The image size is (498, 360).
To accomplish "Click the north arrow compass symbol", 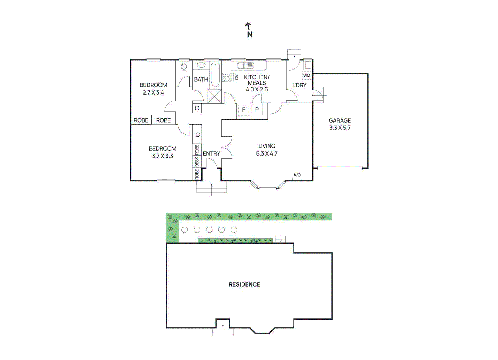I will tap(249, 30).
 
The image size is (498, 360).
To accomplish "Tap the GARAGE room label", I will tap(340, 121).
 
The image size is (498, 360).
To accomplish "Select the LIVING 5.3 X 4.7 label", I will tap(267, 150).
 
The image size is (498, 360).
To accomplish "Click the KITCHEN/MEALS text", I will tap(256, 80).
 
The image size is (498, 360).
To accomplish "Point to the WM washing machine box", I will tap(307, 76).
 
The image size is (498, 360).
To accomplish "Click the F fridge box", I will tap(244, 110).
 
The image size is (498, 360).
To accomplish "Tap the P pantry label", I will tap(257, 110).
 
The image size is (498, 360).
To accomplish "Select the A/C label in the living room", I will tap(297, 175).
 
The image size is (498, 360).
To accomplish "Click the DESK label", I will tap(197, 161).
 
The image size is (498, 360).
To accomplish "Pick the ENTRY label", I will tap(211, 154).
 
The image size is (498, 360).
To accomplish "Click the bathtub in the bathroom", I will tap(215, 75).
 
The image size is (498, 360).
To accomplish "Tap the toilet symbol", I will tap(184, 66).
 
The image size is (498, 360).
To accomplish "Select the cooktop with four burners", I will tap(226, 77).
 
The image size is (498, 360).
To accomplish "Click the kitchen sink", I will tap(245, 66).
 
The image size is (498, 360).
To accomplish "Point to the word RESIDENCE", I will tap(244, 284).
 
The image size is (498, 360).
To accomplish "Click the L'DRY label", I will tap(299, 85).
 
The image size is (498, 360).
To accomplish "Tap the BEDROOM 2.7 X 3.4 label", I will tap(153, 89).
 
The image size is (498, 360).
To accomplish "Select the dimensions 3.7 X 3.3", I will tap(162, 156).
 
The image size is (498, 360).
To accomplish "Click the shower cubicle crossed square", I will tap(214, 96).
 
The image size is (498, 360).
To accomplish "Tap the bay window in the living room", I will tap(268, 187).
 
